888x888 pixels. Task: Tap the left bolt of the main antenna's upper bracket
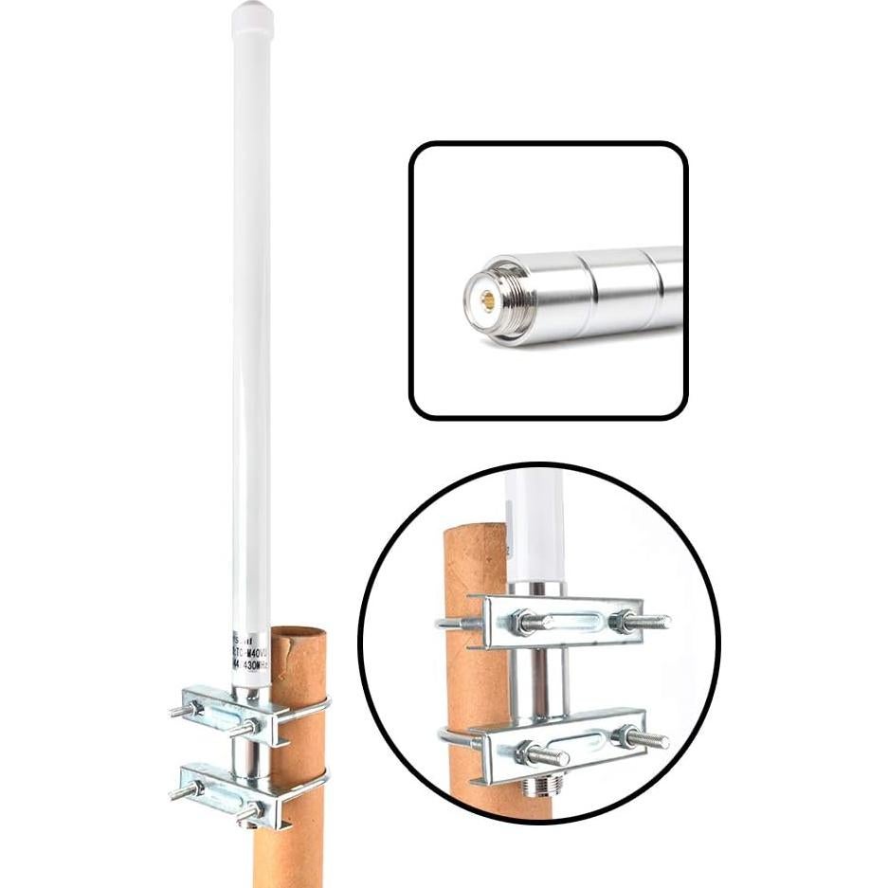click(x=186, y=708)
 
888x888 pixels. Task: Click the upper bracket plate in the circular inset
click(x=559, y=621)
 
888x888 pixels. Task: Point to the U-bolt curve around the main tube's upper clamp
click(x=323, y=705)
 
